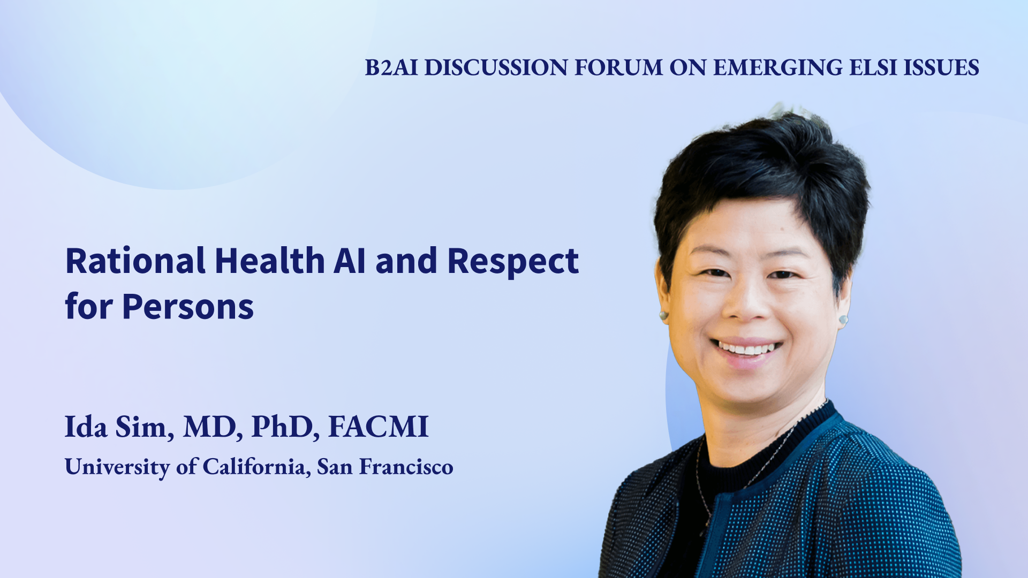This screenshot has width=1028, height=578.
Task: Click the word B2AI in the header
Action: (x=391, y=68)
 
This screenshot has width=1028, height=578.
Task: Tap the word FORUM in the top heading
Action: (x=618, y=68)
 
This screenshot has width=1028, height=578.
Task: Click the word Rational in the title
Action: (x=135, y=261)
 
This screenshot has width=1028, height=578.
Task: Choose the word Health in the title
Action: (x=270, y=261)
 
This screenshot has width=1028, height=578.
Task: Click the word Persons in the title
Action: (x=188, y=307)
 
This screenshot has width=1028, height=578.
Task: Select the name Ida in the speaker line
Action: (x=86, y=427)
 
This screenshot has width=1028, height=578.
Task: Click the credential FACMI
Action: (x=379, y=427)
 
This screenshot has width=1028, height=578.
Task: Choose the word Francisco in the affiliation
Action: (x=406, y=467)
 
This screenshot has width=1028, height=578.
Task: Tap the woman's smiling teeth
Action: (x=746, y=349)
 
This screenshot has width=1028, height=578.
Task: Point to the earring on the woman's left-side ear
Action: (x=843, y=320)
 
